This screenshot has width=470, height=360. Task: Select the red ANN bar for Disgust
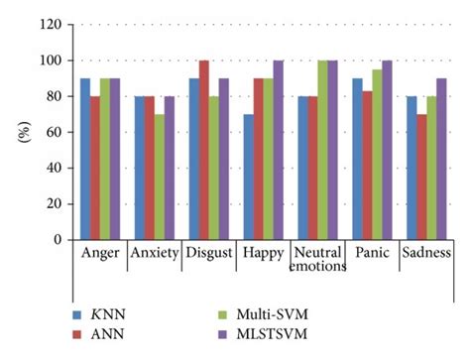pos(203,150)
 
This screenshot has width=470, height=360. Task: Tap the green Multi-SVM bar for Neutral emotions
pos(322,150)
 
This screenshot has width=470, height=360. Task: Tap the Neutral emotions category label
pos(321,260)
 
